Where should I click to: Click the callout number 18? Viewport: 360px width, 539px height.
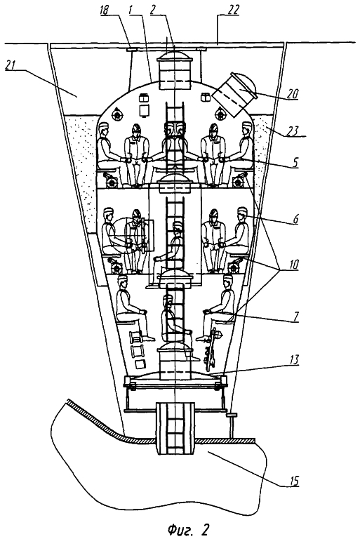pos(104,11)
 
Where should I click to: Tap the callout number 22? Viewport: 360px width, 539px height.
pos(234,10)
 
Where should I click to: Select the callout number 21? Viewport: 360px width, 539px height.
pos(11,65)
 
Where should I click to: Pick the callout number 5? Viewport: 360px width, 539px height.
pos(294,162)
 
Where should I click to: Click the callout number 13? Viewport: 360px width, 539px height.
pos(293,360)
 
